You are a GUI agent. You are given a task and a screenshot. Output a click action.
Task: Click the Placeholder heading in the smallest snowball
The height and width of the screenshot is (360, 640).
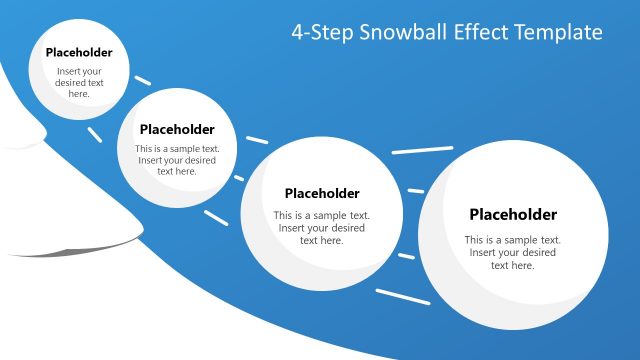(79, 53)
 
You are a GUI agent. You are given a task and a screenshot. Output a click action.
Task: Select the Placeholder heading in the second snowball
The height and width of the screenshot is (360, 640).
(177, 129)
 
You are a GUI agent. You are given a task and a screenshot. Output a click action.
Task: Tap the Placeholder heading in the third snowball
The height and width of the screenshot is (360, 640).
(322, 194)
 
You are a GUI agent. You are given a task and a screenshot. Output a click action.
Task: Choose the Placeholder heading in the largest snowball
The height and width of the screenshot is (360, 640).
(513, 215)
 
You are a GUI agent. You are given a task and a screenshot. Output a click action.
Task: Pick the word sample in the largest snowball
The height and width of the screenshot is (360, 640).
(523, 240)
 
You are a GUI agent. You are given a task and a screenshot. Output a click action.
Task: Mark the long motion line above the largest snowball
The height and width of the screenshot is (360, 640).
(422, 150)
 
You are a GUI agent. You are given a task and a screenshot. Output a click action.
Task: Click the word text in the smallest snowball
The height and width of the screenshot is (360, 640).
(96, 83)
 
